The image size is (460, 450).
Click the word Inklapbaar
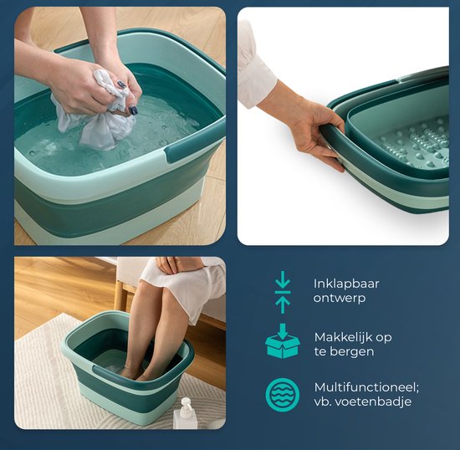[341, 283]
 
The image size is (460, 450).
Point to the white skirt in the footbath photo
[188, 280]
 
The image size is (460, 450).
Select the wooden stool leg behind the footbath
[120, 296]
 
